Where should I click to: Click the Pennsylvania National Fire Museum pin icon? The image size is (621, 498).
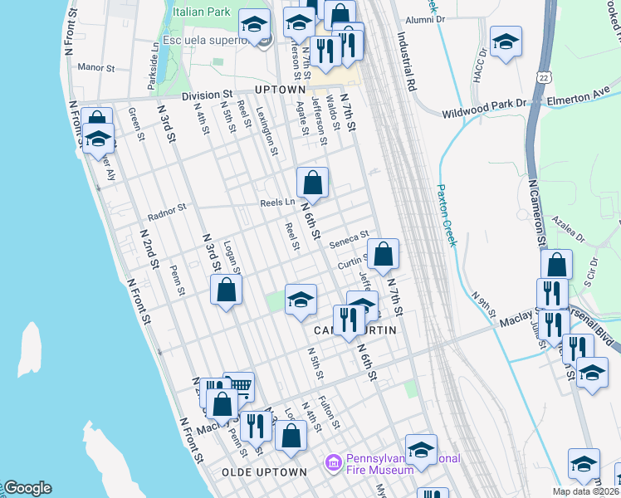pyautogui.click(x=332, y=461)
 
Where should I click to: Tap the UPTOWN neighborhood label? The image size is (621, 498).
pyautogui.click(x=280, y=89)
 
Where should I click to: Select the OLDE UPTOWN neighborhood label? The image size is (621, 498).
pyautogui.click(x=265, y=471)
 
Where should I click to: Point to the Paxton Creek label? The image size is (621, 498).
pyautogui.click(x=447, y=215)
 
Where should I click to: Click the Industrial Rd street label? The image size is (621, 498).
pyautogui.click(x=406, y=61)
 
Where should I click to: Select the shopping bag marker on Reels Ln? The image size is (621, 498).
pyautogui.click(x=313, y=183)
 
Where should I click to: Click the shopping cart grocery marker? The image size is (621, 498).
pyautogui.click(x=239, y=385)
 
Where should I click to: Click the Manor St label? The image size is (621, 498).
pyautogui.click(x=95, y=67)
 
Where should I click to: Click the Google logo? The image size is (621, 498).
pyautogui.click(x=27, y=488)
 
